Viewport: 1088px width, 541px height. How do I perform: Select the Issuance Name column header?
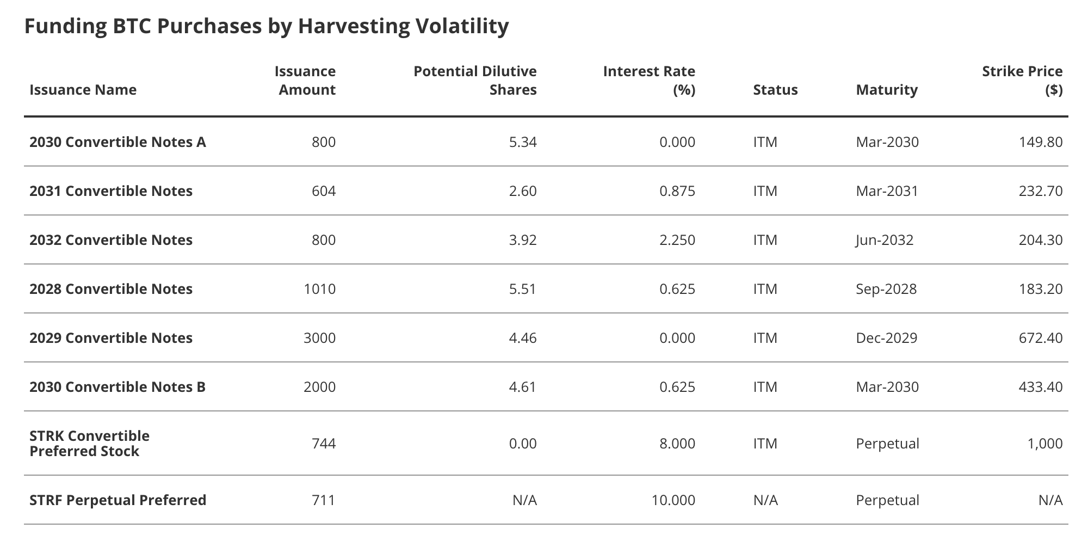coord(83,90)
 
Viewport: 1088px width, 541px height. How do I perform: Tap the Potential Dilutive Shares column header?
coord(475,81)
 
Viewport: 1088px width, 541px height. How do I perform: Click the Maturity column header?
coord(886,90)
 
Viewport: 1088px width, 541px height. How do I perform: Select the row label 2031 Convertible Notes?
coord(111,191)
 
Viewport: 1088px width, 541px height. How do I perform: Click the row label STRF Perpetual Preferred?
coord(118,500)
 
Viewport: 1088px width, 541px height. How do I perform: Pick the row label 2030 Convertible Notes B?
coord(118,387)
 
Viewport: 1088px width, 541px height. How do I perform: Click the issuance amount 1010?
coord(319,289)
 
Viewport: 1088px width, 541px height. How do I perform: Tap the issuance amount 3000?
coord(319,338)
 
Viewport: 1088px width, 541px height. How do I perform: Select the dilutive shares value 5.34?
coord(522,142)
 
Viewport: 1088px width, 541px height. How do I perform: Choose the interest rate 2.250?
coord(677,240)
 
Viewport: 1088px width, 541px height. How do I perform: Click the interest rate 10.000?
coord(673,500)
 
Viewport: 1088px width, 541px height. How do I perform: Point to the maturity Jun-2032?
coord(885,240)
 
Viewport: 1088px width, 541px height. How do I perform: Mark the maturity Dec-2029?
coord(886,338)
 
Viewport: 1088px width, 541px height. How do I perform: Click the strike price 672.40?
coord(1040,338)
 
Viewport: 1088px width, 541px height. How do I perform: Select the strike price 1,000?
coord(1044,444)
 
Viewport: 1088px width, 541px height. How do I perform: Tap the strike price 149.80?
coord(1040,142)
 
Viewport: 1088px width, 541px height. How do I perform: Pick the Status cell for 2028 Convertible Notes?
coord(765,289)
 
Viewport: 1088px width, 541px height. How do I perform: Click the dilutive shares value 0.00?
coord(522,444)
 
